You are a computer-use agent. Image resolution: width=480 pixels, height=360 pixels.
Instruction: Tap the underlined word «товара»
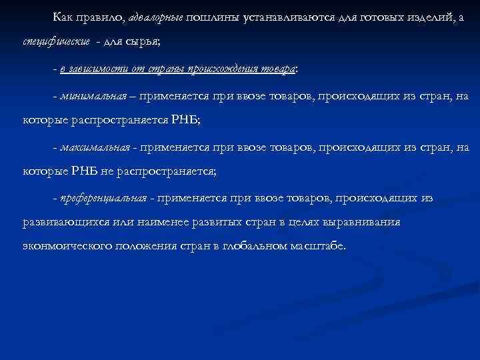coord(280,68)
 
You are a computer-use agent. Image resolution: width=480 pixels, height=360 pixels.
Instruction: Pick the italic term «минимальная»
coord(93,96)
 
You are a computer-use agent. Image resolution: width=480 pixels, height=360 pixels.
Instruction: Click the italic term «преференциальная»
coord(104,198)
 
